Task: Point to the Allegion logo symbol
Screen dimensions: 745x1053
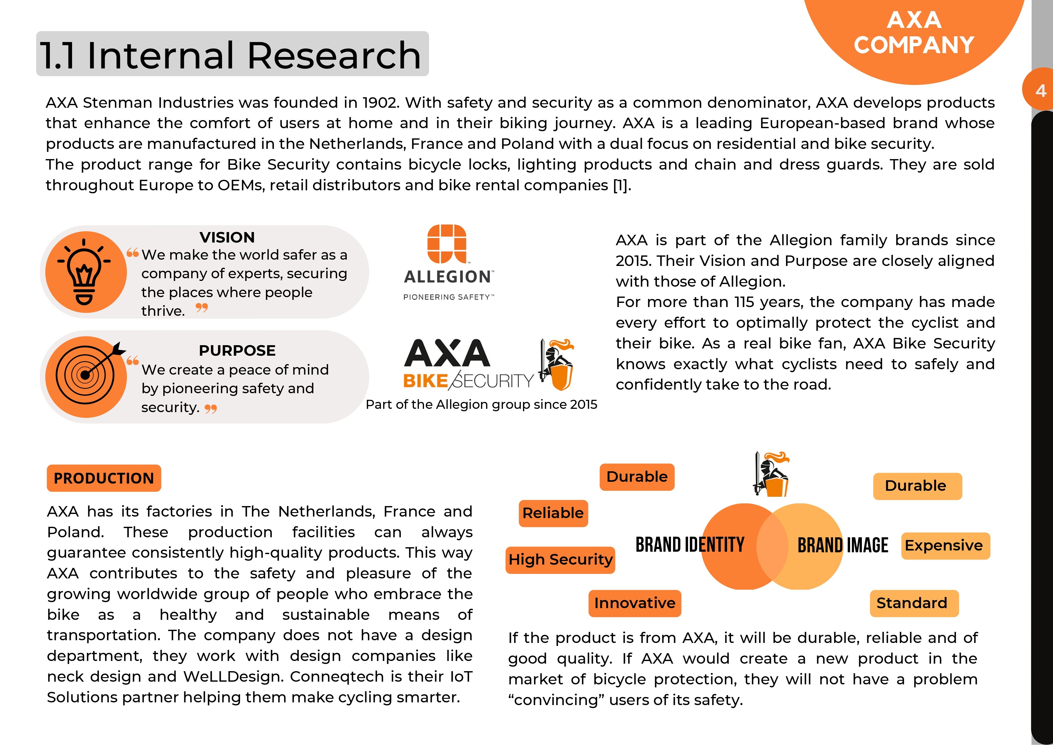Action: tap(447, 244)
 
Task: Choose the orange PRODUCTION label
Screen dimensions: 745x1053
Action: tap(104, 478)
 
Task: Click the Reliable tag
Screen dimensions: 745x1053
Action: tap(553, 513)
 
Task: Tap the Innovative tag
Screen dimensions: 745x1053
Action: tap(635, 603)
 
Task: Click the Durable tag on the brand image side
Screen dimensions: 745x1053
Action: tap(917, 486)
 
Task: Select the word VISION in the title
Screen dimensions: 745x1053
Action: tap(227, 237)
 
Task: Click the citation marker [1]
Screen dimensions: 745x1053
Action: tap(622, 185)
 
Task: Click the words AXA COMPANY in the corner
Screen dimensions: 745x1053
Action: tap(914, 33)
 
